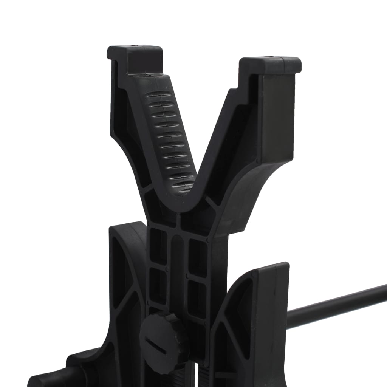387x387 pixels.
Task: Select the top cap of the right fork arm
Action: (271, 64)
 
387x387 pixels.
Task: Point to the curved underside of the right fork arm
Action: (249, 189)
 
